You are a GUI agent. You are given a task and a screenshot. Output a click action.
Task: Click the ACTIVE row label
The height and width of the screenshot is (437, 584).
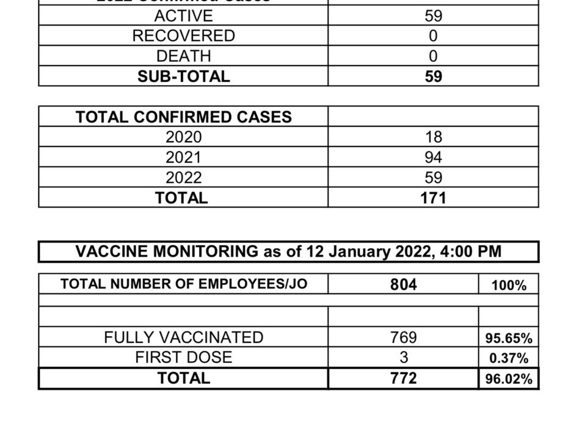[x=183, y=15]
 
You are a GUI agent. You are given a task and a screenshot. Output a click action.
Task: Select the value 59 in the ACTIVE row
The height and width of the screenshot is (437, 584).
[x=433, y=15]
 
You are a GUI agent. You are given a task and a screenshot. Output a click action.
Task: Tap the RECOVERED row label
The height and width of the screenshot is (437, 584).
[x=183, y=35]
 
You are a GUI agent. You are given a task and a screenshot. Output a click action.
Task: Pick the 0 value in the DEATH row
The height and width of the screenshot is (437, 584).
[x=433, y=56]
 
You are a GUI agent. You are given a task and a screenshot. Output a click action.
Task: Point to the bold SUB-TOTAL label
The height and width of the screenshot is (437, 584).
[x=183, y=76]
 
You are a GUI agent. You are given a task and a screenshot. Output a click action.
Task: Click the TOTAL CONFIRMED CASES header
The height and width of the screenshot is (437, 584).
[x=183, y=117]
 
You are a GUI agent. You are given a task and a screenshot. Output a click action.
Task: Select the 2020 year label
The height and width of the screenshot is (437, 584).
[x=183, y=137]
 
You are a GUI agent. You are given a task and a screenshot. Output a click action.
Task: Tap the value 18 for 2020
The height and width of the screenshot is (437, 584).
[x=433, y=137]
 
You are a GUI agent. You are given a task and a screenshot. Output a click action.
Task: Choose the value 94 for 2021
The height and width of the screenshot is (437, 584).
[x=433, y=158]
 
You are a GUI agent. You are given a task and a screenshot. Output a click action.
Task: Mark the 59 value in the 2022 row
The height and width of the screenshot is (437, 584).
[x=433, y=178]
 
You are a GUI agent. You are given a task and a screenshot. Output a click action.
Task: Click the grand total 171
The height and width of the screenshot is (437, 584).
[x=433, y=198]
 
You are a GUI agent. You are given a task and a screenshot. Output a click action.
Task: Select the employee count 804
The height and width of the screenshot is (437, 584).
[x=404, y=284]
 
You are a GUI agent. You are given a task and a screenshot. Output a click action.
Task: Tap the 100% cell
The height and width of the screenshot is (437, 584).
[x=509, y=285]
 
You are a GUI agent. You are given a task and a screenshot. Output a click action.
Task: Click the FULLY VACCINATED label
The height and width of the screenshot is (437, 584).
[x=183, y=337]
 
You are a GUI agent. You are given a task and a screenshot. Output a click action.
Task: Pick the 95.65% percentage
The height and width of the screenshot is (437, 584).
[x=509, y=338]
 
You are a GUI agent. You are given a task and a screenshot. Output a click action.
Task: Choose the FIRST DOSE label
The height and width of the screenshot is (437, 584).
[x=183, y=358]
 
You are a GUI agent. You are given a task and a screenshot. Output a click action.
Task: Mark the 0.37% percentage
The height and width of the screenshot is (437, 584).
[x=509, y=358]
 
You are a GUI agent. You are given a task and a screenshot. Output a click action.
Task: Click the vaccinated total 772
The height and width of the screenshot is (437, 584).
[x=404, y=378]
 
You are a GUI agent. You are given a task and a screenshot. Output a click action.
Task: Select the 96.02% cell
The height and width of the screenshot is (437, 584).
[x=509, y=379]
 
